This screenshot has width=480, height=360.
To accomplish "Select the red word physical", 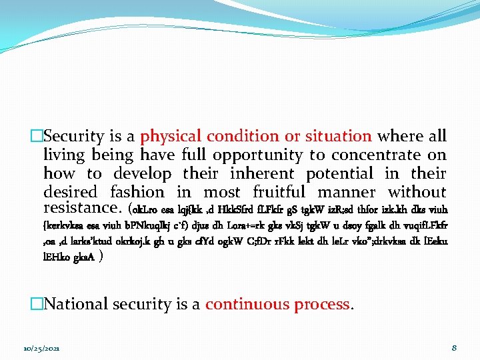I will coord(170,137).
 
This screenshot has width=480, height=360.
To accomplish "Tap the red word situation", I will coord(338,137).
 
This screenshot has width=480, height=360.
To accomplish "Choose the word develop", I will coord(142,174).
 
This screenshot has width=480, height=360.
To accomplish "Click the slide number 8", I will coord(453,348).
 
